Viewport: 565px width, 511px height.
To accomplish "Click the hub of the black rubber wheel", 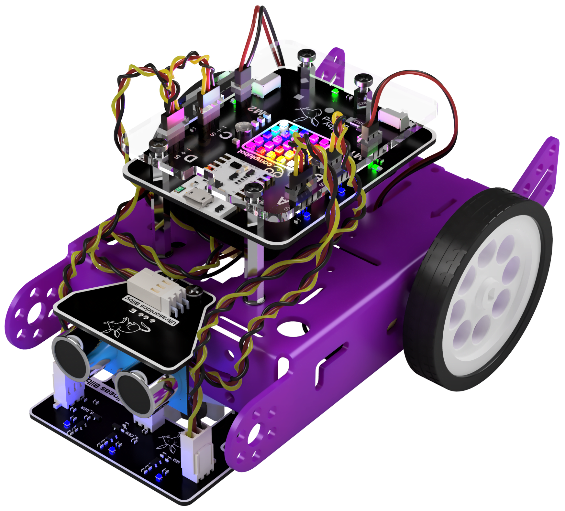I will (491, 296).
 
